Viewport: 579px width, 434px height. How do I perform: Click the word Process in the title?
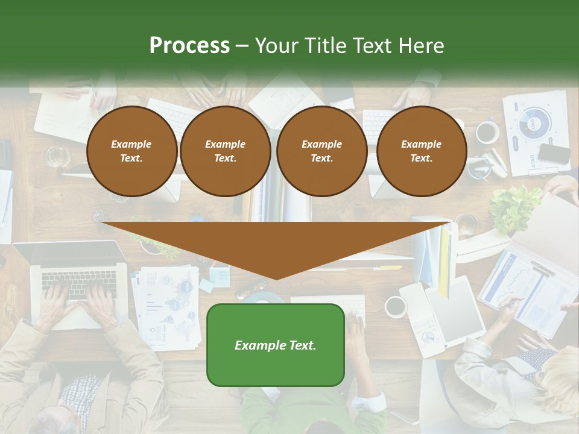coord(189,46)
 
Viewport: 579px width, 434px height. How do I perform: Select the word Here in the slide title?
coord(422,46)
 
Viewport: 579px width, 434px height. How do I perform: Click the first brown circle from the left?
coord(131,151)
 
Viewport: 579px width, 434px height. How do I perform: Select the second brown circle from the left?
coord(225,151)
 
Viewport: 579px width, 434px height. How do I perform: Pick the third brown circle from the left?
coord(321,151)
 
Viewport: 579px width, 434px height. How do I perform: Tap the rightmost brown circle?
coord(421,151)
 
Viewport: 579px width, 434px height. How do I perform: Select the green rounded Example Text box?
coord(276,345)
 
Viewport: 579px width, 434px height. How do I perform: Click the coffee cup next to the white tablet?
coord(396,306)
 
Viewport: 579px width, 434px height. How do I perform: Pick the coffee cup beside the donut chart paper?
coord(487,132)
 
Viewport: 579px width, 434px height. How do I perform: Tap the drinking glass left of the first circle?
coord(59,157)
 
